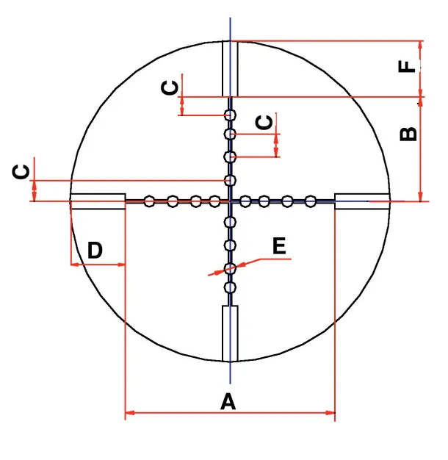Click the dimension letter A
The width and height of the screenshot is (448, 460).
point(228,401)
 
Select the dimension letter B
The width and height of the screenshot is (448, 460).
point(408,134)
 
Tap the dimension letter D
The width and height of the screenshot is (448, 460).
point(95,251)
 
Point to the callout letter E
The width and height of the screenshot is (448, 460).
point(279,246)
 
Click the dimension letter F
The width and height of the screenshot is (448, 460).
point(407,66)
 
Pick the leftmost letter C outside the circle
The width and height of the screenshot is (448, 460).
point(21,172)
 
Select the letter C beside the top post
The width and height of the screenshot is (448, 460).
point(170,87)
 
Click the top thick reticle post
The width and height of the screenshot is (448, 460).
point(230,68)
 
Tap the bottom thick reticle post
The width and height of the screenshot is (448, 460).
point(230,334)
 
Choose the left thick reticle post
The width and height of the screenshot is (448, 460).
point(98,201)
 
